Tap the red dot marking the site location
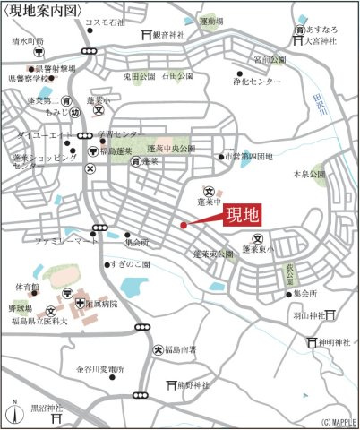[x=184, y=225]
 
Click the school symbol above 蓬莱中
[x=208, y=191]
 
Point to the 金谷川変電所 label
[x=100, y=368]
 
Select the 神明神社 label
[x=339, y=342]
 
